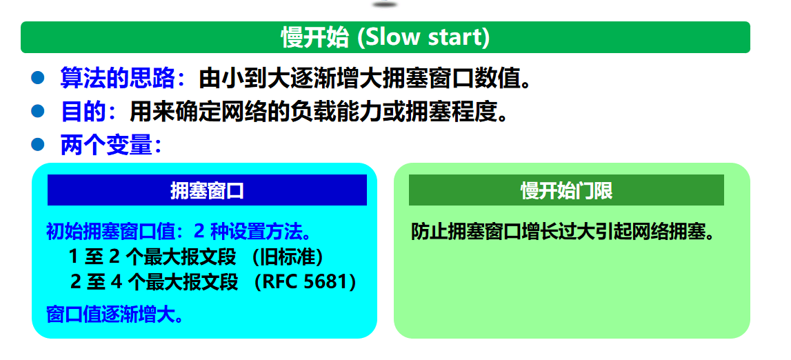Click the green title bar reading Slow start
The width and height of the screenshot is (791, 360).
[386, 37]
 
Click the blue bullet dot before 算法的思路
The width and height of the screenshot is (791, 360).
[38, 78]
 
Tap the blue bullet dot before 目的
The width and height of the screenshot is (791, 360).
[38, 112]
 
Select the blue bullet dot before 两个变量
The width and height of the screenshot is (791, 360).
[38, 146]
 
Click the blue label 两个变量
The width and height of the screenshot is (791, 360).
[106, 146]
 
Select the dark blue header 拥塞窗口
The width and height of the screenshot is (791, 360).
[207, 190]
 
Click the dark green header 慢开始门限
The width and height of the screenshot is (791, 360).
[566, 190]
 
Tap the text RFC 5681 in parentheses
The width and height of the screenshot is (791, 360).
[306, 282]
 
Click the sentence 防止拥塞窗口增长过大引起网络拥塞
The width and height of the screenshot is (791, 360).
[563, 232]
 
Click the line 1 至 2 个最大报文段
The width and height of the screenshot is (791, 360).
[152, 257]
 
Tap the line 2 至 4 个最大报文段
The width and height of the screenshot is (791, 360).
[154, 282]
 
